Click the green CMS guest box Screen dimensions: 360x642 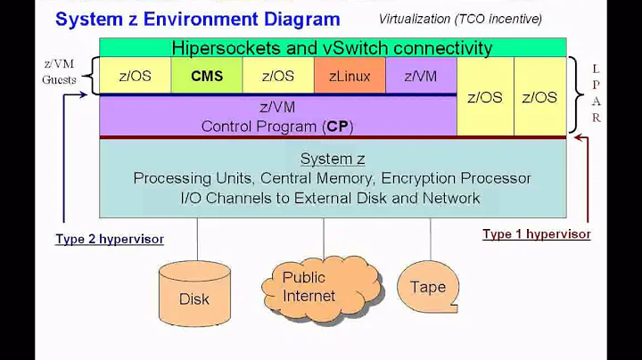(207, 76)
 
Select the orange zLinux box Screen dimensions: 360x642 (350, 76)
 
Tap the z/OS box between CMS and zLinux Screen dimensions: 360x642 (278, 76)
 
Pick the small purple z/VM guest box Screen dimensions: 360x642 (421, 76)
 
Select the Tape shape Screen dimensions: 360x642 (428, 286)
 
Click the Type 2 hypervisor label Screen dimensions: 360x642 (109, 239)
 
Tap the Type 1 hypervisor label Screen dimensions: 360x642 (536, 234)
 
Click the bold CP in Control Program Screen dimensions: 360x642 (337, 126)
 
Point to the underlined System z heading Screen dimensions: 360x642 (332, 159)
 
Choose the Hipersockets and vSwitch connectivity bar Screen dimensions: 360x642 (332, 48)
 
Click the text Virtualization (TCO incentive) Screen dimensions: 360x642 (459, 19)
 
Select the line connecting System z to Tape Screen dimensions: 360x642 (431, 239)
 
